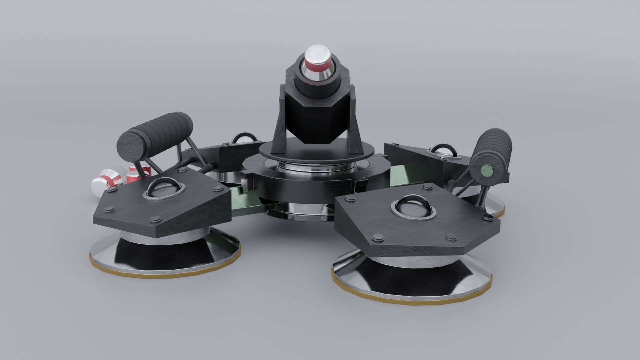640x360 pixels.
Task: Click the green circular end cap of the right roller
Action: point(488,171)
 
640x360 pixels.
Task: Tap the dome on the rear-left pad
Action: point(242,140)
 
